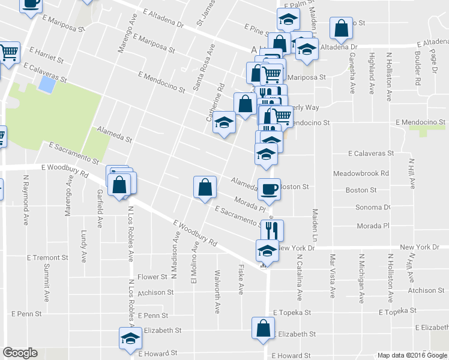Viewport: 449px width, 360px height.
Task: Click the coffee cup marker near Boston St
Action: pos(268,188)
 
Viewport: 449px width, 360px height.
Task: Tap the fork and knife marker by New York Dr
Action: pos(272,230)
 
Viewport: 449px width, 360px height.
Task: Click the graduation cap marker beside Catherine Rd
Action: pos(224,124)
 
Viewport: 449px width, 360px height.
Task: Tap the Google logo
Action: pos(20,353)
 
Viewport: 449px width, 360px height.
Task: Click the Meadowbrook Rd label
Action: pos(361,173)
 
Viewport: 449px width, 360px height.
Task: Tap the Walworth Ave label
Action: pos(217,292)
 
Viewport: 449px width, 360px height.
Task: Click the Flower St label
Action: pos(152,277)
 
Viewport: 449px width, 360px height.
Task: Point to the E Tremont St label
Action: pos(47,257)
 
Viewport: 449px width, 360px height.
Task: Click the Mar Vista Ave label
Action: pos(332,276)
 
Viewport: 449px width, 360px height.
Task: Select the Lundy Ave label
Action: pos(83,244)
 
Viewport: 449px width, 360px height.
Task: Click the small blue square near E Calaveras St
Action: pos(44,84)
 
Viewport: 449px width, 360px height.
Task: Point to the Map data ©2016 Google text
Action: pos(412,355)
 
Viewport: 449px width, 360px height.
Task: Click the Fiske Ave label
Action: pos(241,279)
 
